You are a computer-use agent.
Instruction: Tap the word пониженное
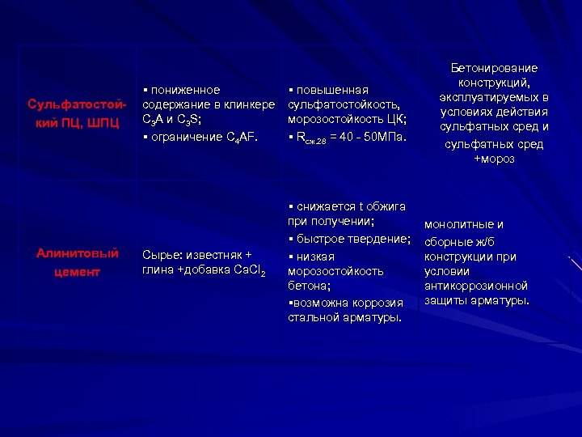pos(185,89)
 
